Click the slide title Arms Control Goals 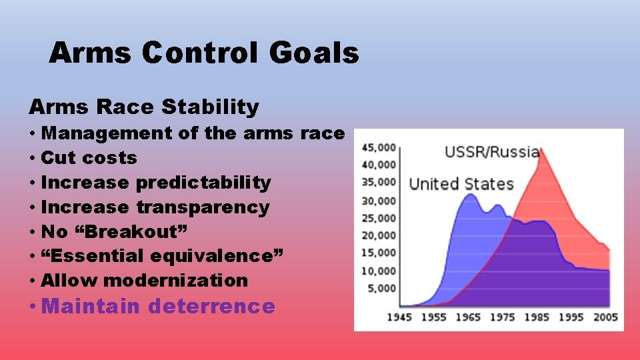point(203,53)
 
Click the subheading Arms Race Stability point(143,106)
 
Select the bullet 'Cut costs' point(89,158)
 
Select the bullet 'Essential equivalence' point(162,256)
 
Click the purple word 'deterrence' point(211,307)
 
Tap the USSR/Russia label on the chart point(491,151)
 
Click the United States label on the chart point(461,184)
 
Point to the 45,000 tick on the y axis point(379,147)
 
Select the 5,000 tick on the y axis point(381,289)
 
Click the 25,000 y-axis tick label point(379,218)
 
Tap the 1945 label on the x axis point(399,317)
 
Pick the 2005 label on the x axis point(605,317)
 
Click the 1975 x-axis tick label point(502,317)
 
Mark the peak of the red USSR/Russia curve point(541,149)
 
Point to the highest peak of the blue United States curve point(470,194)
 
